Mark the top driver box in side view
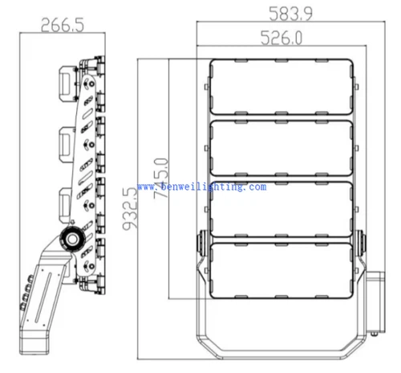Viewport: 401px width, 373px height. [x=63, y=83]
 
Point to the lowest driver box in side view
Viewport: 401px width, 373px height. [x=59, y=200]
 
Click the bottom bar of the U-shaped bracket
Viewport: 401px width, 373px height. [x=281, y=356]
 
